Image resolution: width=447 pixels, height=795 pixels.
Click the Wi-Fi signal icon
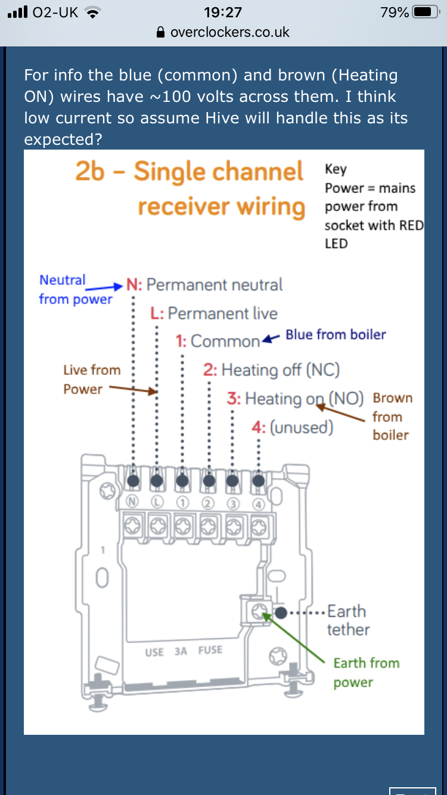(x=92, y=12)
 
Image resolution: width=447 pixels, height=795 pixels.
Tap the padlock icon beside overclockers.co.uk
(x=160, y=32)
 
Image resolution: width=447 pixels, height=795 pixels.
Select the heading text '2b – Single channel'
(x=189, y=172)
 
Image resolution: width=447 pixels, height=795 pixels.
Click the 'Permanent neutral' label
(x=215, y=285)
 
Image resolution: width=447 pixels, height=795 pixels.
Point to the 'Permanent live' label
(x=222, y=313)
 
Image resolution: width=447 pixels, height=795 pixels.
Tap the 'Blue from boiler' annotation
(x=336, y=334)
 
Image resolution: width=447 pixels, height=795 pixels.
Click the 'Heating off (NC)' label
(x=280, y=370)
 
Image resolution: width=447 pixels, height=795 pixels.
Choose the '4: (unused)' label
(x=293, y=427)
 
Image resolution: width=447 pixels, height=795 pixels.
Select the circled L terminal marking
(x=157, y=502)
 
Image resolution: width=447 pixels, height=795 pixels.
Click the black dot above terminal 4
(x=258, y=480)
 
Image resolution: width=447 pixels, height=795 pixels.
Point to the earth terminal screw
(x=259, y=611)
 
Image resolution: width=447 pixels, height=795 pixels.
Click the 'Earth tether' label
(x=348, y=620)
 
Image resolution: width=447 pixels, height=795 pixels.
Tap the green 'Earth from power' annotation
(x=365, y=672)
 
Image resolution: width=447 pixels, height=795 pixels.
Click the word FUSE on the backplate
(x=210, y=650)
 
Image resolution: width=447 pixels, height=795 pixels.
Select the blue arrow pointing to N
(x=105, y=285)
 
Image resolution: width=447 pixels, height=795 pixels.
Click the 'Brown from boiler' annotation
(x=392, y=416)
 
